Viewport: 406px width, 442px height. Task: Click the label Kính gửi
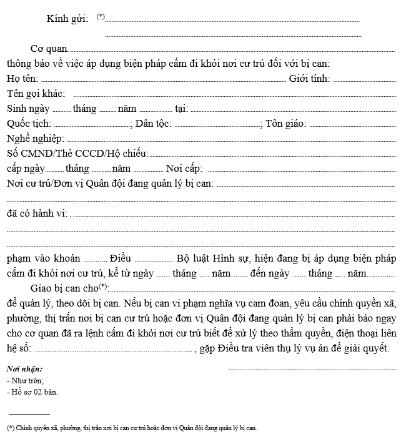67,19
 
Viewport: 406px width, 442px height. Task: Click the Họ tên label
22,79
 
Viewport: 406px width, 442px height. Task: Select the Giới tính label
309,79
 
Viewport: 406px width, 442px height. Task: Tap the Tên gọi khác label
36,94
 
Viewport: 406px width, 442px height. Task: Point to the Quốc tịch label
29,124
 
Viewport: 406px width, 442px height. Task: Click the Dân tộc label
153,124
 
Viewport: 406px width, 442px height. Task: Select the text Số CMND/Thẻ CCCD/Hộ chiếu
77,154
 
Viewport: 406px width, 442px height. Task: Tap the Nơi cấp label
184,169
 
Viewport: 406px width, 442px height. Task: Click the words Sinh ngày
28,109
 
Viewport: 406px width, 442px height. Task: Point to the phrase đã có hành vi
37,214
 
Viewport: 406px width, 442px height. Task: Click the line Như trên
25,380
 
